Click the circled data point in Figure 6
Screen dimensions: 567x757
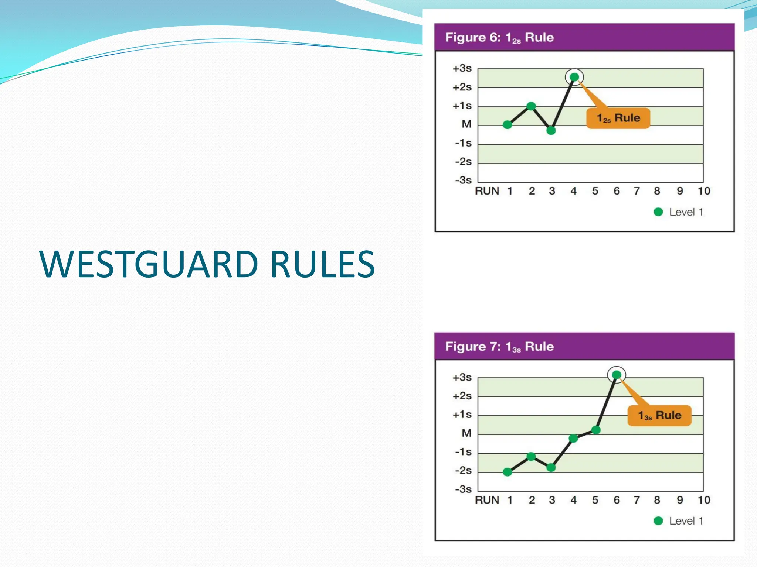click(x=574, y=77)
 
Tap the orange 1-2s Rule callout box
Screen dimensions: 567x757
click(x=618, y=118)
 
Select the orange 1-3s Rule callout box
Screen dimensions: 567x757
click(x=659, y=416)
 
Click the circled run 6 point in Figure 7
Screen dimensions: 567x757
click(x=616, y=375)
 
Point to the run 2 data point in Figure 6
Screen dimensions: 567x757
click(x=531, y=106)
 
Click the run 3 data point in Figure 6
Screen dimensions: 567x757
click(x=551, y=130)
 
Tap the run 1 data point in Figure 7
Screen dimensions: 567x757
click(x=508, y=472)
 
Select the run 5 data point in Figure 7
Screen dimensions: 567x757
click(x=596, y=430)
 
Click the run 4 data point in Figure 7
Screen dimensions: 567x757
click(x=573, y=439)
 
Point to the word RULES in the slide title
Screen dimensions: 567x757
click(x=322, y=264)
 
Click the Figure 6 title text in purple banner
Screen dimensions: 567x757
click(x=499, y=38)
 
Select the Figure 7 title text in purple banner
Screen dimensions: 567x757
click(x=499, y=347)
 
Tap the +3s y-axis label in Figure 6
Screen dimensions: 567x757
click(x=462, y=68)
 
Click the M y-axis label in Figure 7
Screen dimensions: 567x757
click(x=466, y=433)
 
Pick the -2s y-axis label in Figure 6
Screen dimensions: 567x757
click(x=464, y=162)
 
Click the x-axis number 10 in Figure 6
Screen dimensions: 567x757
click(x=704, y=191)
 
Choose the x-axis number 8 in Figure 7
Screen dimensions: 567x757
click(x=657, y=500)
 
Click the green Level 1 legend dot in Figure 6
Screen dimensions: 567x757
click(x=658, y=212)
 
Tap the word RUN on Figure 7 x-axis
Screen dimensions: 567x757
click(x=487, y=500)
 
